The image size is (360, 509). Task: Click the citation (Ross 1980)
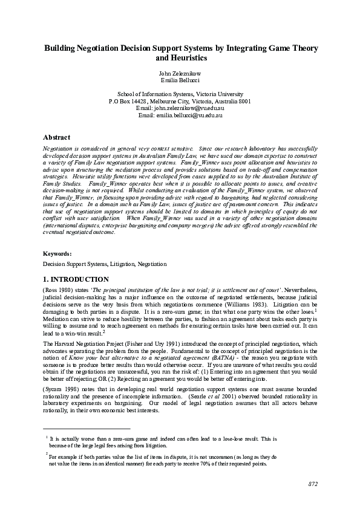tap(58, 290)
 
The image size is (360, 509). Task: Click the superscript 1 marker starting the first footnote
tap(47, 436)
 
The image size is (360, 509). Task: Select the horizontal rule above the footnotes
tap(87, 427)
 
